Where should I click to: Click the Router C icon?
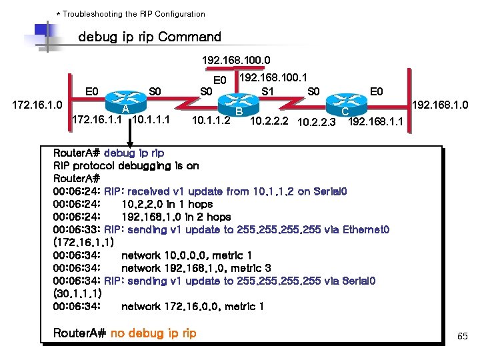346,103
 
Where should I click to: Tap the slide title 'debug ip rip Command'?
149,37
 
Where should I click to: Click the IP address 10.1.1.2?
211,121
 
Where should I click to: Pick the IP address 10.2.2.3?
317,121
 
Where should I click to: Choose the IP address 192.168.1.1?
375,121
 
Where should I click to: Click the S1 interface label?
269,91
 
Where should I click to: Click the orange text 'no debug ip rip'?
153,333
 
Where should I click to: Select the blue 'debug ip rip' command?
134,153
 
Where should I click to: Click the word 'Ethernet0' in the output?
366,229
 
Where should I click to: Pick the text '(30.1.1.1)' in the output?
77,293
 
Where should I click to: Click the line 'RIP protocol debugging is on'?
126,165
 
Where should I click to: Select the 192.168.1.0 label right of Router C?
440,105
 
